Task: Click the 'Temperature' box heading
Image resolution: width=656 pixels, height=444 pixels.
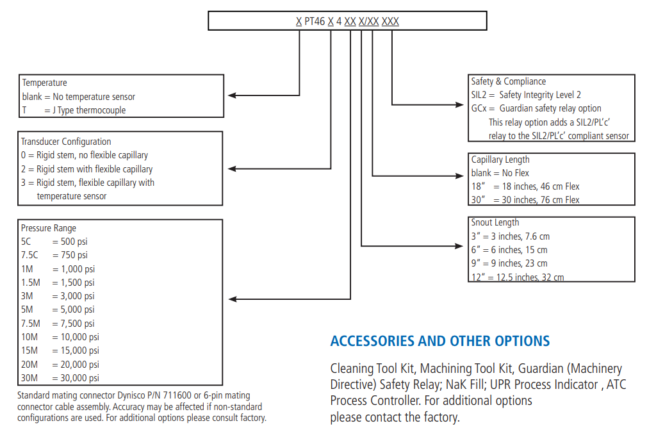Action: pos(44,83)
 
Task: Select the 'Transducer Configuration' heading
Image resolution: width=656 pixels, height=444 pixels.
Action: pos(66,142)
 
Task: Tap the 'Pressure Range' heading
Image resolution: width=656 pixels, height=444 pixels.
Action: pos(49,228)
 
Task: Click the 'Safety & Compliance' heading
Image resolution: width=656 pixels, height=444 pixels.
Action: pos(508,81)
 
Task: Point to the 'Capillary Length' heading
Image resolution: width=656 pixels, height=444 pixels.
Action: pos(500,160)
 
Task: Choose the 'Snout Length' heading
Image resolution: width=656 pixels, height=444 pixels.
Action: pos(495,222)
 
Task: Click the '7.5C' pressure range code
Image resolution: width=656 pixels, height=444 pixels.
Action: pos(29,255)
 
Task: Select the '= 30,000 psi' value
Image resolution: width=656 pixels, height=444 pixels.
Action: pos(76,378)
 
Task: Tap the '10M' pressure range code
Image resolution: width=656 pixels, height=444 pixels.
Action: pos(29,337)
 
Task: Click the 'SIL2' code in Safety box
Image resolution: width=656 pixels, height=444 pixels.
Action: pos(479,95)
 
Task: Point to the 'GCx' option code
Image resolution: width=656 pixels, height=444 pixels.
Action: pos(479,108)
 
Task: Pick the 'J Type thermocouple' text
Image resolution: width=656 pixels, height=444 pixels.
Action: pos(89,110)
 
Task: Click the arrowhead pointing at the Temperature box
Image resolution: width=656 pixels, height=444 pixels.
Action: pos(232,95)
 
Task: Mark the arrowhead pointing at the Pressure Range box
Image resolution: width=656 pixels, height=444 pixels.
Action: pos(233,299)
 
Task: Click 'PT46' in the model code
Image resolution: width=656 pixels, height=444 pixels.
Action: pos(315,21)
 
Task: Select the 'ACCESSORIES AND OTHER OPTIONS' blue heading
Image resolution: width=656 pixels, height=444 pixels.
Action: pos(440,341)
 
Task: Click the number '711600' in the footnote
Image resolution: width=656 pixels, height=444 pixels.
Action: pos(177,395)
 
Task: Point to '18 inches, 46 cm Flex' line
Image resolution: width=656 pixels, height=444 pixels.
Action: pos(541,186)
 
